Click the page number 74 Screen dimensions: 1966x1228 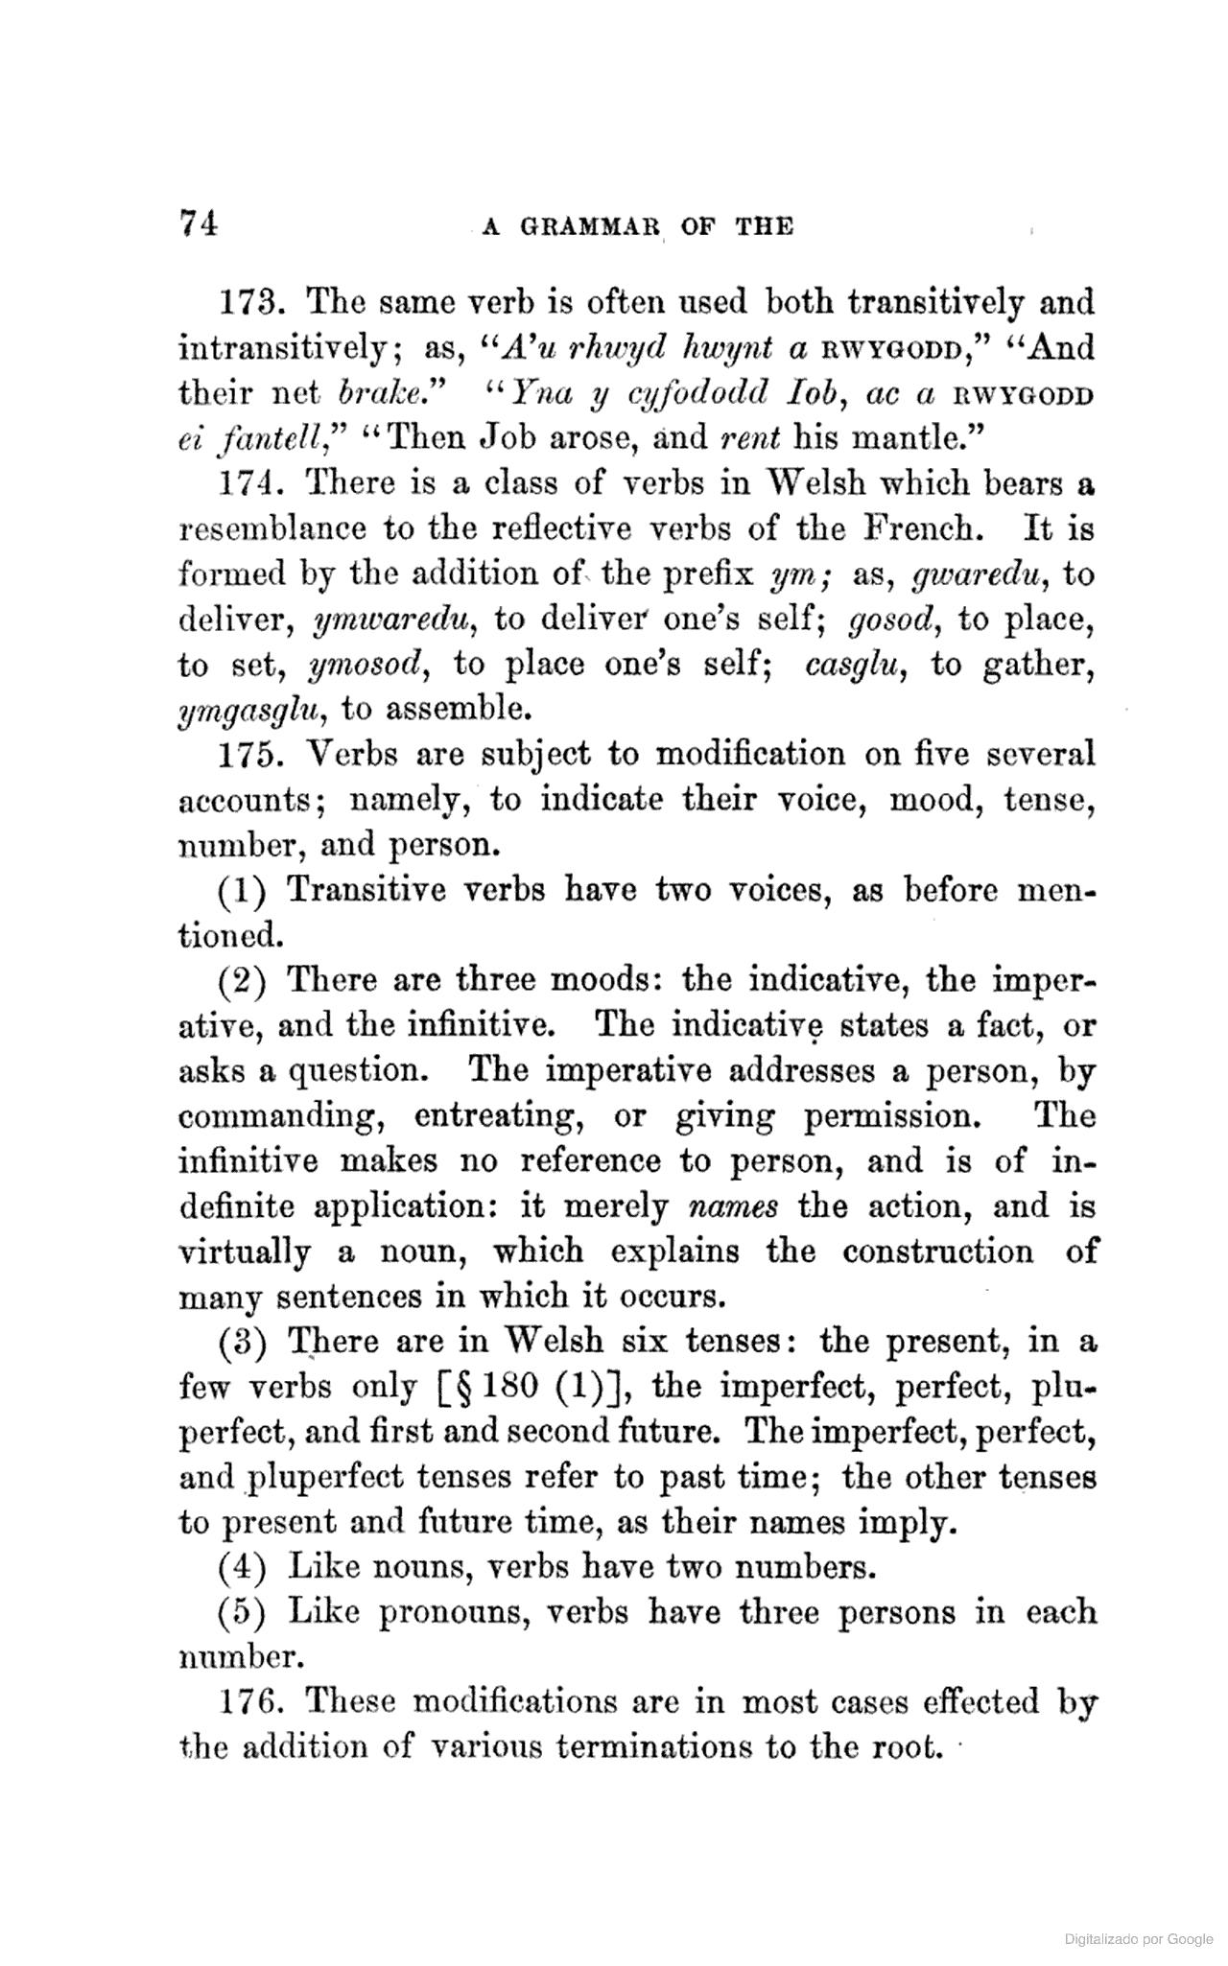(x=199, y=223)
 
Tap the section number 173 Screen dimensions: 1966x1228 (x=248, y=302)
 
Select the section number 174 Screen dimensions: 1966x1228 (x=248, y=483)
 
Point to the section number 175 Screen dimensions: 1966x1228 (x=248, y=755)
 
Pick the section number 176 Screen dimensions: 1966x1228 (x=248, y=1701)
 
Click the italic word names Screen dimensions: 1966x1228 (x=734, y=1206)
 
